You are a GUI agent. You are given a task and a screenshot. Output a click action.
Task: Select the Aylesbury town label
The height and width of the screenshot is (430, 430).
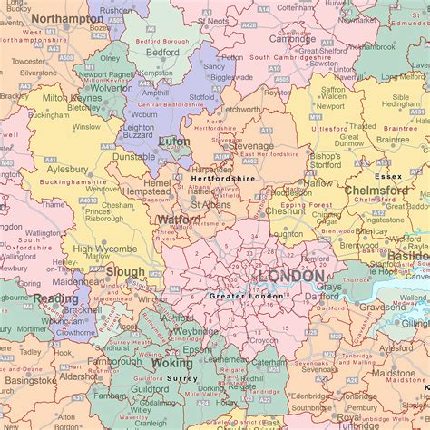pyautogui.click(x=65, y=170)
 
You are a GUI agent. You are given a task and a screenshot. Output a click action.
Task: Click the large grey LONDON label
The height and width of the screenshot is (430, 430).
pyautogui.click(x=291, y=276)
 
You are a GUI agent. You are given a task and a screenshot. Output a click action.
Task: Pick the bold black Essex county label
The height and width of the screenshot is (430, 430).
pyautogui.click(x=388, y=176)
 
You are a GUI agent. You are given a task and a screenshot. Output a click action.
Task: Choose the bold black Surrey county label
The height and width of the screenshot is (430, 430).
pyautogui.click(x=182, y=377)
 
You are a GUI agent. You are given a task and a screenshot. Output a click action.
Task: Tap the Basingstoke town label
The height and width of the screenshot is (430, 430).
pyautogui.click(x=25, y=380)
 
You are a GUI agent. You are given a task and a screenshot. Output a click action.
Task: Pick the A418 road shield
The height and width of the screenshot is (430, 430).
pyautogui.click(x=108, y=146)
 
